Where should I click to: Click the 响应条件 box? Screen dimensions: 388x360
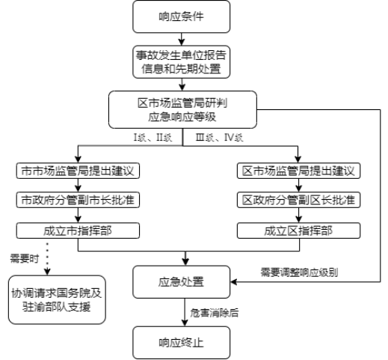click(x=181, y=16)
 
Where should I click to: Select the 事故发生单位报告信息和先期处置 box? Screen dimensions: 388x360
click(x=181, y=62)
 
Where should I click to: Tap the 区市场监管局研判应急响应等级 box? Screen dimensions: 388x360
click(x=182, y=110)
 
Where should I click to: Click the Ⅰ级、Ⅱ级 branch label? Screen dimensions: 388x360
click(x=153, y=138)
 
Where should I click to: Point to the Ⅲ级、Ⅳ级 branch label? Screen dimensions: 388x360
click(x=219, y=138)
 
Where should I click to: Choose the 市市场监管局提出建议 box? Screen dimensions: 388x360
click(x=78, y=171)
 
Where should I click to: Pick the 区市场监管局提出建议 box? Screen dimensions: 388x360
click(x=298, y=171)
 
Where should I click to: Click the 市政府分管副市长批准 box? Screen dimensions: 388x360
click(x=78, y=200)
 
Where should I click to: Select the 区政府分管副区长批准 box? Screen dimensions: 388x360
click(x=298, y=200)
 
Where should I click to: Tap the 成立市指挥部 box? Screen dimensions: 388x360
click(x=78, y=231)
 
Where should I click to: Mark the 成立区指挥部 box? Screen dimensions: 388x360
click(x=298, y=231)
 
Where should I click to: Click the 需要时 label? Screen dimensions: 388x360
click(x=25, y=258)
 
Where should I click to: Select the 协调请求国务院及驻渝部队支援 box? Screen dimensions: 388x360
click(x=57, y=300)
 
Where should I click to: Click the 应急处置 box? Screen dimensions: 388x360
click(x=181, y=282)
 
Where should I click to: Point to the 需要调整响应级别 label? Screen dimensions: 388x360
click(x=299, y=272)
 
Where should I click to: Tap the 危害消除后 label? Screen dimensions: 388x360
click(x=215, y=313)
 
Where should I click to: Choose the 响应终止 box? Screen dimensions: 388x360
click(x=181, y=343)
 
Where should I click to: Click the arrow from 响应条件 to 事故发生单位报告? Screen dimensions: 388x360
click(x=182, y=39)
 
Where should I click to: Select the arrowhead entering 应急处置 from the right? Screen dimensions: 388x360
click(x=233, y=282)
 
